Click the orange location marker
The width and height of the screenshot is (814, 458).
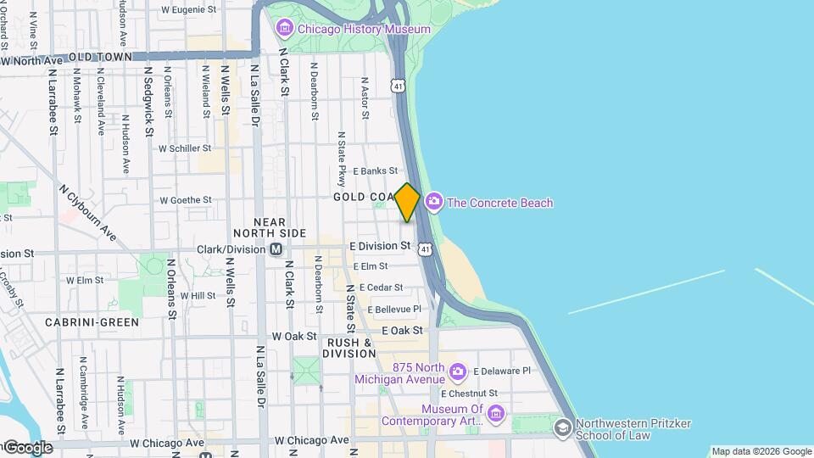point(408,203)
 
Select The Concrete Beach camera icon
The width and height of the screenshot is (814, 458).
point(434,202)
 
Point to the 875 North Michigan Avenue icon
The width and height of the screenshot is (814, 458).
point(458,371)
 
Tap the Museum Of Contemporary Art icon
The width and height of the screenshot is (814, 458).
point(496,413)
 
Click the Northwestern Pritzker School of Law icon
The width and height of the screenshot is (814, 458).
point(562,428)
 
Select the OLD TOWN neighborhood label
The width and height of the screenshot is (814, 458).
point(101,58)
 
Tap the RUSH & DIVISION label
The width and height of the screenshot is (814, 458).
point(348,348)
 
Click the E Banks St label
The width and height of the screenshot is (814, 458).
point(376,171)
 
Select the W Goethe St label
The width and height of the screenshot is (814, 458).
point(185,200)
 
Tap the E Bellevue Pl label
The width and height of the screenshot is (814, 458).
point(393,310)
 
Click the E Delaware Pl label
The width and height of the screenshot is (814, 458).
point(502,371)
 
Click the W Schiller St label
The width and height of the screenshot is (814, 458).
point(184,148)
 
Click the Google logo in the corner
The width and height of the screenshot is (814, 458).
point(27,447)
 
